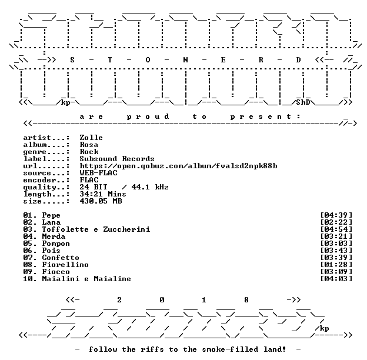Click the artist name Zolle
pyautogui.click(x=91, y=138)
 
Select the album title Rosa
pyautogui.click(x=89, y=145)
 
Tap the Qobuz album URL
pyautogui.click(x=178, y=166)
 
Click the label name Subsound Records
pyautogui.click(x=117, y=159)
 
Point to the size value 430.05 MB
pyautogui.click(x=101, y=201)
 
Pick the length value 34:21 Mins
pyautogui.click(x=103, y=194)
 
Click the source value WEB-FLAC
pyautogui.click(x=98, y=173)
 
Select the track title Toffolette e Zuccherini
pyautogui.click(x=96, y=229)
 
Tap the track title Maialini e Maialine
pyautogui.click(x=86, y=279)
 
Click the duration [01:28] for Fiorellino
pyautogui.click(x=336, y=265)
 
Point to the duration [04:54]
pyautogui.click(x=336, y=229)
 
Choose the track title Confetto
pyautogui.click(x=61, y=258)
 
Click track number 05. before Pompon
pyautogui.click(x=30, y=244)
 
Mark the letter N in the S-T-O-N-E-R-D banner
pyautogui.click(x=185, y=60)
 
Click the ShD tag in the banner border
pyautogui.click(x=303, y=102)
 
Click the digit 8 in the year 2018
pyautogui.click(x=246, y=300)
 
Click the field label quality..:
pyautogui.click(x=46, y=187)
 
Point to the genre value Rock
pyautogui.click(x=89, y=152)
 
